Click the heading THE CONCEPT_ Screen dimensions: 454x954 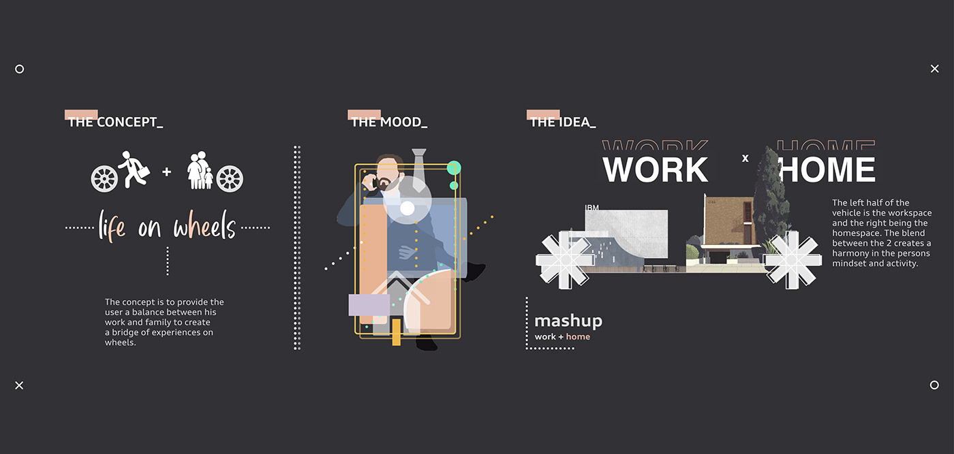115,123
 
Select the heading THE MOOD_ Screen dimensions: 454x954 389,123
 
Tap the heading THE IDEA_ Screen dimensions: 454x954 563,123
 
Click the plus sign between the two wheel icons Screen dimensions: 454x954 167,172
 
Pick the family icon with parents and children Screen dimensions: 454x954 200,171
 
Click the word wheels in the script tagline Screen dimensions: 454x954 204,228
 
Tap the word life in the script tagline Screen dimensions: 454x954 112,227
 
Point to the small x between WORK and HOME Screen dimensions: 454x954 745,159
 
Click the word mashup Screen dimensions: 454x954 568,321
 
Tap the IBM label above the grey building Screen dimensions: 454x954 591,207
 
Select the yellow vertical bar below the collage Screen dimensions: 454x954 396,332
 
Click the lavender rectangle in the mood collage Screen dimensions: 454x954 369,305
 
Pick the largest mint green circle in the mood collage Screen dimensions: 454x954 454,168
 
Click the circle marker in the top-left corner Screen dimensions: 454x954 19,69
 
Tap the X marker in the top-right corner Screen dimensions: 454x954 934,69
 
